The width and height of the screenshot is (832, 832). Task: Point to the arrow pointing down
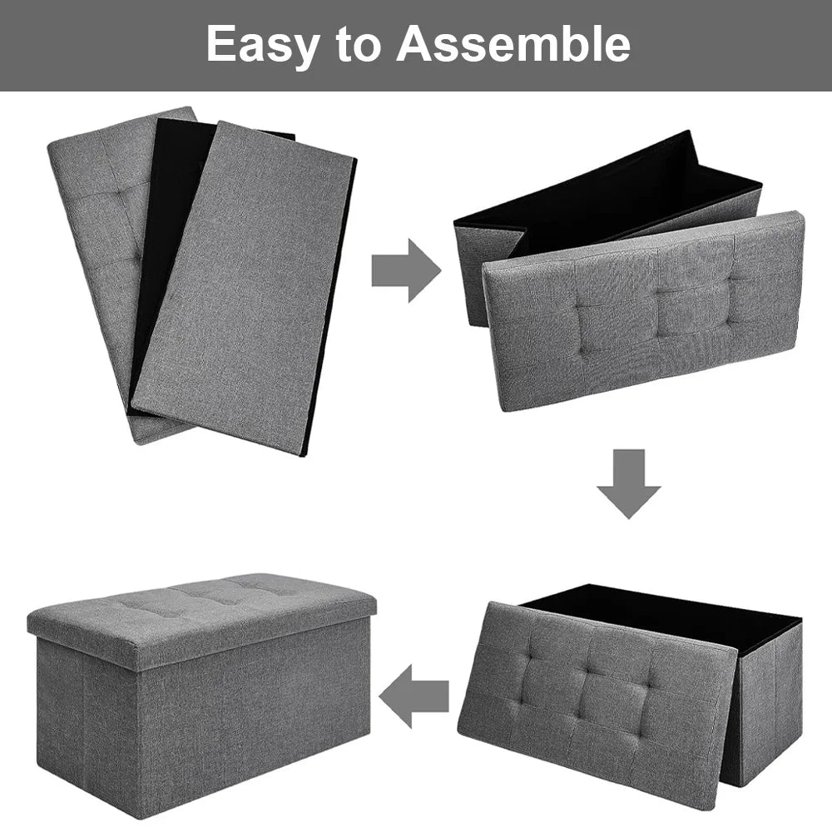pos(628,483)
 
